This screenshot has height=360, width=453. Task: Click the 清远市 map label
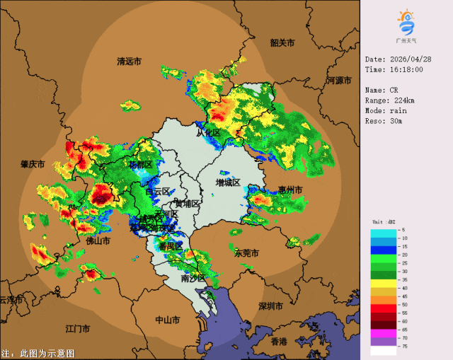pos(129,62)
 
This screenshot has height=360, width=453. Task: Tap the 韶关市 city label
pos(282,42)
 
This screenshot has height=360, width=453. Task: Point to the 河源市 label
pos(340,81)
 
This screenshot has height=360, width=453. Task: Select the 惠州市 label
pos(289,190)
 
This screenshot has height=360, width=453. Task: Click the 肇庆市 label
pos(33,164)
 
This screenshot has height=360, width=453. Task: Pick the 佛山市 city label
pos(98,241)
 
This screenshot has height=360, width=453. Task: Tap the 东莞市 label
pos(246,252)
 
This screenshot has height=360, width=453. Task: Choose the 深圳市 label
pos(271,306)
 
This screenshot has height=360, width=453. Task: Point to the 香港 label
pos(279,342)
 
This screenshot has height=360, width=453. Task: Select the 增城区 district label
pos(228,182)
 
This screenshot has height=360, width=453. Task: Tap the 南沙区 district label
pos(193,279)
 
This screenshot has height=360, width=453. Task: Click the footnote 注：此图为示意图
pos(38,353)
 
